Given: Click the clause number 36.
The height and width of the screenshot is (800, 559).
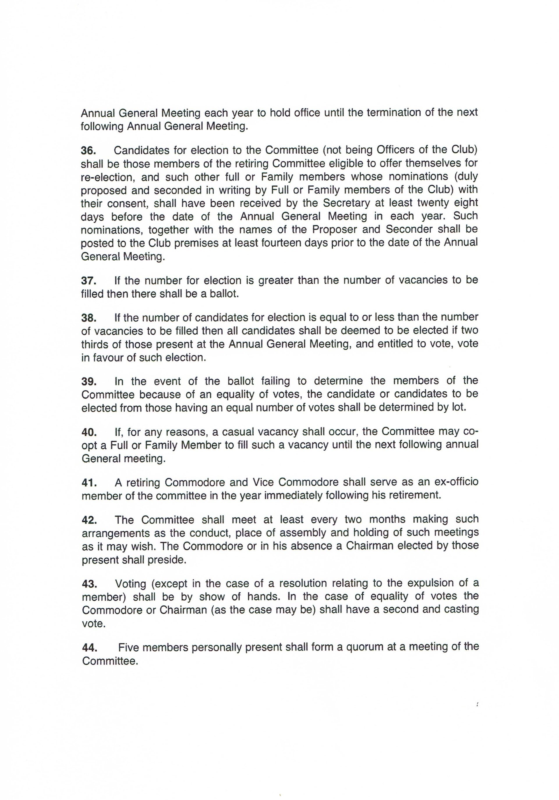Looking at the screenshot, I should click(89, 150).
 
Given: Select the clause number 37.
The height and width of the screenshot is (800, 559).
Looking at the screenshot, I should click(89, 281).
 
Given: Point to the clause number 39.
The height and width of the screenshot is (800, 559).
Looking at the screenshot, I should click(89, 382).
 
